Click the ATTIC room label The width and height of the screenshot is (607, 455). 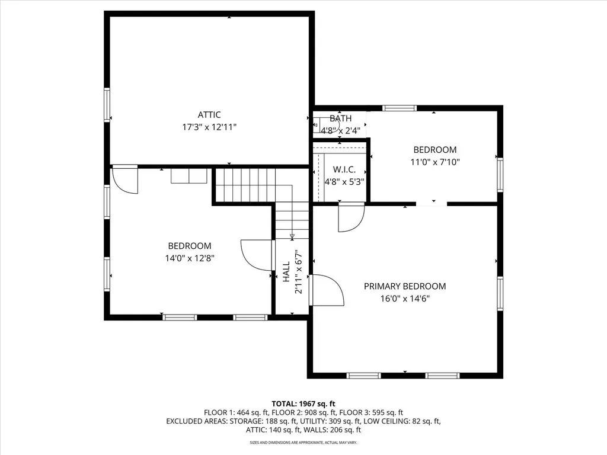(209, 115)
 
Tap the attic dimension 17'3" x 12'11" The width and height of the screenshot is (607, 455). (209, 127)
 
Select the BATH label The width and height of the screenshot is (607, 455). (341, 118)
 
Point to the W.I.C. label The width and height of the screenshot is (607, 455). (344, 170)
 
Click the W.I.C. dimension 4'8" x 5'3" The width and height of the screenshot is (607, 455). (344, 182)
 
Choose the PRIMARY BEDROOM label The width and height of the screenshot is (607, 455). (405, 286)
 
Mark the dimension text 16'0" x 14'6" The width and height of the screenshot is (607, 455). (405, 299)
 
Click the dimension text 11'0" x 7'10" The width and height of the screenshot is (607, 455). (435, 162)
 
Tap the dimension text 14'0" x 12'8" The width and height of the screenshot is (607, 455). (190, 258)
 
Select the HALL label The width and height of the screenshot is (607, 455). (286, 271)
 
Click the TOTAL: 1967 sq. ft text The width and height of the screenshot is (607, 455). (303, 404)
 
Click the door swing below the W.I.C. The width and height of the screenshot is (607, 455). (352, 218)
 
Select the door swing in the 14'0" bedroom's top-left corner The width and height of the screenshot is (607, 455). (124, 180)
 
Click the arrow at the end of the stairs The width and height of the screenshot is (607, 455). (292, 236)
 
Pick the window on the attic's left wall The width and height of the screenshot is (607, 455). (107, 105)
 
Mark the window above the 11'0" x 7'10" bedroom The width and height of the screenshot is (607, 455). (400, 108)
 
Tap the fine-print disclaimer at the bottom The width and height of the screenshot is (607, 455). (303, 442)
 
